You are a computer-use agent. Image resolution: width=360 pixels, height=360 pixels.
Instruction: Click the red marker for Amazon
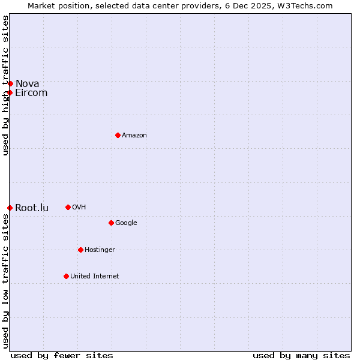[x=118, y=135]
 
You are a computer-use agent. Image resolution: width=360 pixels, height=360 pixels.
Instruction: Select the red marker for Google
[x=111, y=223]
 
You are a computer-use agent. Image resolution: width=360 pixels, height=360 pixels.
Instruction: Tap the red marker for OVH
[x=68, y=207]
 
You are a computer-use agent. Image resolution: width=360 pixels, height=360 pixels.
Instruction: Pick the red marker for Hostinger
[x=80, y=250]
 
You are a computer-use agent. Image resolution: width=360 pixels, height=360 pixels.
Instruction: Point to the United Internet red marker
[x=66, y=276]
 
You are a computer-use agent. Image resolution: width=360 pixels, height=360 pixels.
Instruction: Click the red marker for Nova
[x=10, y=83]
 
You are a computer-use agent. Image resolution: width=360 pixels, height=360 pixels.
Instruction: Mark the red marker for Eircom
[x=10, y=92]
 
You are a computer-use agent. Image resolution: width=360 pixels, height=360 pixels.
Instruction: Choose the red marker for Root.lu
[x=10, y=208]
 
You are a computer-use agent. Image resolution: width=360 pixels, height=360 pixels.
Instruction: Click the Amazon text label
[x=134, y=135]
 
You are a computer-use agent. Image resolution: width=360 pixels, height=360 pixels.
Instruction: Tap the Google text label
[x=126, y=223]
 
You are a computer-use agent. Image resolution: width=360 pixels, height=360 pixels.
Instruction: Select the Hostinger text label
[x=100, y=250]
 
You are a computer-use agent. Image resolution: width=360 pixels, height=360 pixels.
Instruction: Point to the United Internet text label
[x=95, y=276]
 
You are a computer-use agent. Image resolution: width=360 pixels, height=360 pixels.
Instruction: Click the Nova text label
[x=28, y=83]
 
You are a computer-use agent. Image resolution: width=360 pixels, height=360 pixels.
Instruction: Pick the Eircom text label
[x=31, y=92]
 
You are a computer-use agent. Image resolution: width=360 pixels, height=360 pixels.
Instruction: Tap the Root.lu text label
[x=32, y=208]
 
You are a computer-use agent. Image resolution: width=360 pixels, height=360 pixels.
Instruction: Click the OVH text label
[x=79, y=207]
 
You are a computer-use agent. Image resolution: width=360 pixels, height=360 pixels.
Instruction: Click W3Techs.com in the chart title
[x=307, y=5]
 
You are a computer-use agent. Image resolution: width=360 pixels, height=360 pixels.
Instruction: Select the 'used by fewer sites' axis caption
[x=62, y=355]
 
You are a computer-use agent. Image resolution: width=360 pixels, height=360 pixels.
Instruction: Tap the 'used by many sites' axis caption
[x=301, y=355]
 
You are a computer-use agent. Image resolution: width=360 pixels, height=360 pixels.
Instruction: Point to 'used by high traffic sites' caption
[x=5, y=85]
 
